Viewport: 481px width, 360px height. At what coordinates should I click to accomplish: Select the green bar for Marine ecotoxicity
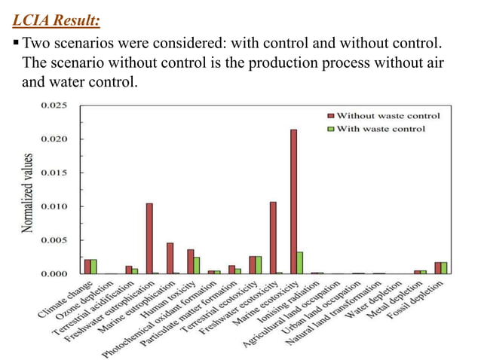click(300, 263)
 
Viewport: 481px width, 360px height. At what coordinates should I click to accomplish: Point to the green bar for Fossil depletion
click(444, 267)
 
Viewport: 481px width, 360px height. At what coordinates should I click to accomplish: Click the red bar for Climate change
click(87, 266)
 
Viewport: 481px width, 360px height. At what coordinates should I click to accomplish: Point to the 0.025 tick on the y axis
click(55, 105)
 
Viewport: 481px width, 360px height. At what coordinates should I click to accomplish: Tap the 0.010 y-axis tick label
click(55, 206)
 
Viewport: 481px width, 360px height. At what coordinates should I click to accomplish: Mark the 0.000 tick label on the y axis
click(55, 273)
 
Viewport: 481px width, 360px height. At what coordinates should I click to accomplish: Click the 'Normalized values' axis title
click(28, 192)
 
